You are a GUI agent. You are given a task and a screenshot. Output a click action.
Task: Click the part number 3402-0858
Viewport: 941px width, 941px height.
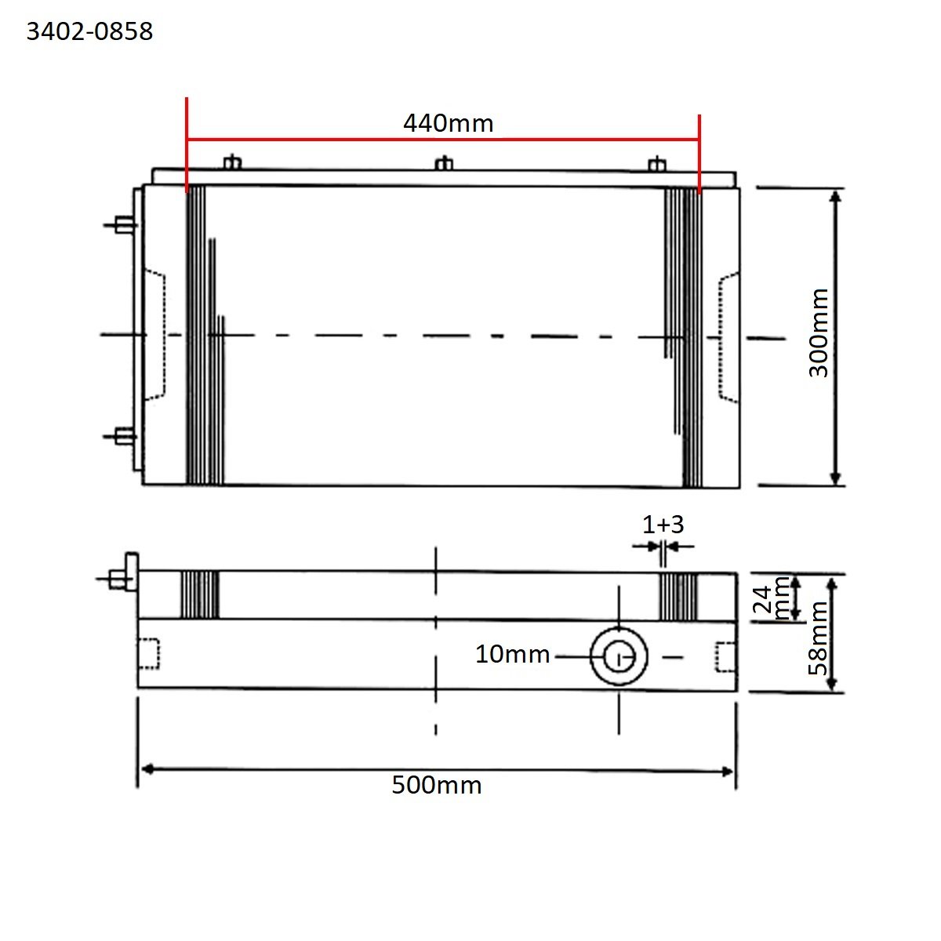(89, 31)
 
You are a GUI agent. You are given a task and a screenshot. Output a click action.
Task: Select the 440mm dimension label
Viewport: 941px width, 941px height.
(448, 123)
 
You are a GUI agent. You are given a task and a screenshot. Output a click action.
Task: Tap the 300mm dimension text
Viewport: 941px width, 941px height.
(818, 332)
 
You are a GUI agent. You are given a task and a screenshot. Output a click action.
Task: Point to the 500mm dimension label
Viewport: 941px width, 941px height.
(436, 785)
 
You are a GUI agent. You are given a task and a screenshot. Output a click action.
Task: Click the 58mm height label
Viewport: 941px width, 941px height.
(818, 638)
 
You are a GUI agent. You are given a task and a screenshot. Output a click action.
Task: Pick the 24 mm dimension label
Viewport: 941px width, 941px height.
(772, 598)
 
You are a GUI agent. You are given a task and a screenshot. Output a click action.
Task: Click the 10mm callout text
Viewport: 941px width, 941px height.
(512, 654)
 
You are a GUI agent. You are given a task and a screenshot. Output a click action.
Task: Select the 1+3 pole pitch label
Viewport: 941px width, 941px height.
(663, 524)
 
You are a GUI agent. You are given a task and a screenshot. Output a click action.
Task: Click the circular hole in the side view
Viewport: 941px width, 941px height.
(619, 656)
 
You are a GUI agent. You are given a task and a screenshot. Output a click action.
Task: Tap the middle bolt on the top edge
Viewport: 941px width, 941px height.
(444, 164)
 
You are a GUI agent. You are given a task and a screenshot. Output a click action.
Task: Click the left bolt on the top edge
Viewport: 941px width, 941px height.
(231, 162)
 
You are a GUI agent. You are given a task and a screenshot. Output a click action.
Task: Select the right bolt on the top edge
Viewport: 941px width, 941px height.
(657, 164)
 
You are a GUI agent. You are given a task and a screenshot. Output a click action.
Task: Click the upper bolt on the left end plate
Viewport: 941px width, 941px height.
(122, 224)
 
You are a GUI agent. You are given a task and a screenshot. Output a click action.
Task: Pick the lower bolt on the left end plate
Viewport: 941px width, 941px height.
(122, 436)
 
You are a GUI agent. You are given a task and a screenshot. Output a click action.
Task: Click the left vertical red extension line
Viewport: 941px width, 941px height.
(187, 145)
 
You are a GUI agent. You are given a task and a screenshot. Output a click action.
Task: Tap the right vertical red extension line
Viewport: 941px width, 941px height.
(699, 153)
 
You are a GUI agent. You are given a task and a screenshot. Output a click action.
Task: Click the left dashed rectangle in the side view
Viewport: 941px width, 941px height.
(148, 654)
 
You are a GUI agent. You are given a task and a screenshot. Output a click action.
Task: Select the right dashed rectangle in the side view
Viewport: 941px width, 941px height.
(726, 656)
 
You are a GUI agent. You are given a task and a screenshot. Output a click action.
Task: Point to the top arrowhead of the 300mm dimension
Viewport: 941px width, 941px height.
(835, 196)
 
